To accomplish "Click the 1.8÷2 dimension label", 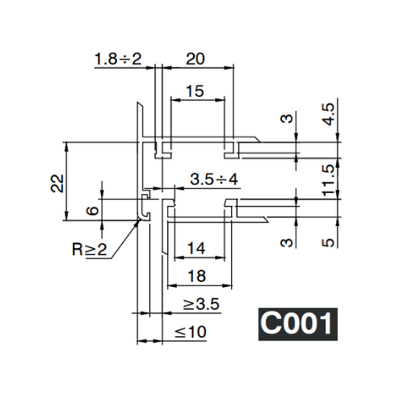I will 118,59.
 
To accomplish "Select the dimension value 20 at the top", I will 195,59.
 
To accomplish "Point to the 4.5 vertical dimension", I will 328,114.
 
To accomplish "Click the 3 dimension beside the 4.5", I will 288,120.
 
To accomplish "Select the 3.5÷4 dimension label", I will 215,180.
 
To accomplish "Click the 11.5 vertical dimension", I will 328,180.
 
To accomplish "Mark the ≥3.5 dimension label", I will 201,304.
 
